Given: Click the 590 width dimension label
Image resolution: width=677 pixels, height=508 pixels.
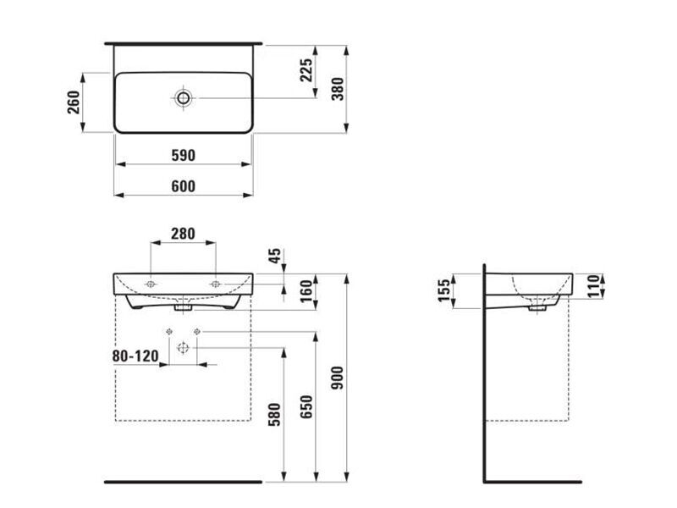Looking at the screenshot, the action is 183,155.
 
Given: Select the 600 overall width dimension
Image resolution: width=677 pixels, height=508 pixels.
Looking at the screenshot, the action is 183,186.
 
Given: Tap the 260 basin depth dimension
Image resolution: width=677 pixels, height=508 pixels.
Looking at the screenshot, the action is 74,102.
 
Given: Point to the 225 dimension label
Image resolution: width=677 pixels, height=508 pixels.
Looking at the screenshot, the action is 305,70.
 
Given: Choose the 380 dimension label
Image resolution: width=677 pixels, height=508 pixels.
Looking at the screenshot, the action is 338,89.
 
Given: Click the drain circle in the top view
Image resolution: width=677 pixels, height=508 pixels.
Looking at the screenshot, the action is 183,98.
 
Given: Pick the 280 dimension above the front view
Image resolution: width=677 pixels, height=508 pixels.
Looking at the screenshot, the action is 183,234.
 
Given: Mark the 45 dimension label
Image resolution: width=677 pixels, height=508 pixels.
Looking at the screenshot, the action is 274,256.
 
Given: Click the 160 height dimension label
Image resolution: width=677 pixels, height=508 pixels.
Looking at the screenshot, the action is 305,291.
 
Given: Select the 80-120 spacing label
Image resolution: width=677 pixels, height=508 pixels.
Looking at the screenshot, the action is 135,356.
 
